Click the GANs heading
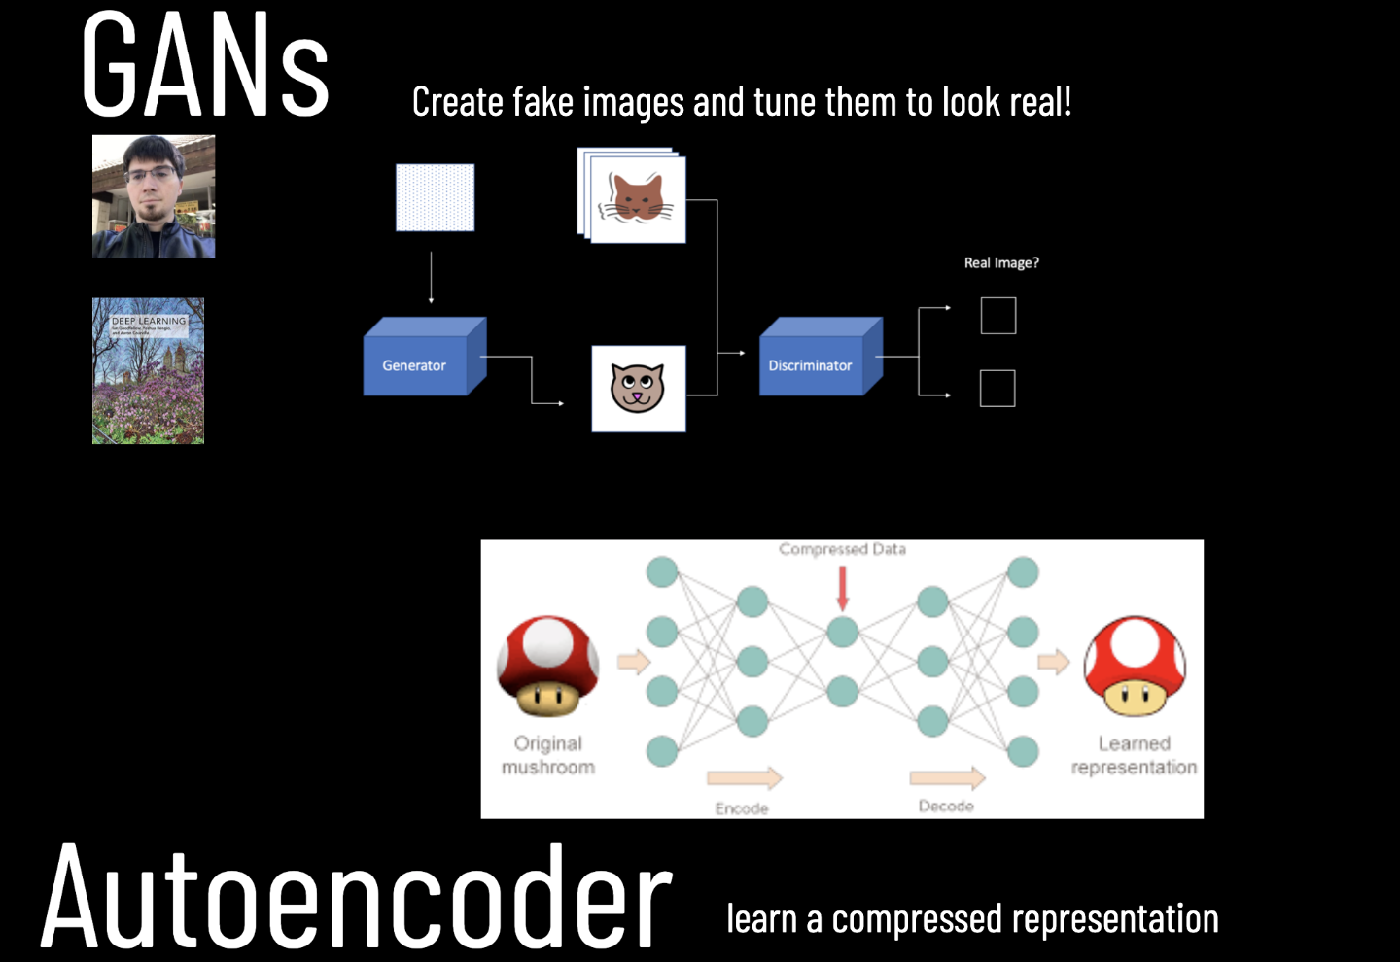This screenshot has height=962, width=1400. [x=205, y=66]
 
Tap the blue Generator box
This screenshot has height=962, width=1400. [x=418, y=361]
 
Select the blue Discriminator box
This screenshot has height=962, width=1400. [x=815, y=361]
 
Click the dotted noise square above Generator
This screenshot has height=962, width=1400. [x=435, y=197]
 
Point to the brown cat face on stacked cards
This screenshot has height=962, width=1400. [x=638, y=197]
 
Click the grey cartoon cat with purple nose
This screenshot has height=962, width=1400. [x=638, y=388]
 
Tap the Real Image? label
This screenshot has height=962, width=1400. [x=1001, y=263]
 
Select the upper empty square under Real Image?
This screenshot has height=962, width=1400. [x=998, y=316]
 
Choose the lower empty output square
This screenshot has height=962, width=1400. [x=997, y=389]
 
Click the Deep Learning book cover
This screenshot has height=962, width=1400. [x=148, y=370]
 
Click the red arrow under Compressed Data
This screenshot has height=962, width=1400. [x=842, y=588]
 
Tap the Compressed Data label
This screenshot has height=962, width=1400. [x=842, y=549]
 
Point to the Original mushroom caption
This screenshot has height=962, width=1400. [x=548, y=755]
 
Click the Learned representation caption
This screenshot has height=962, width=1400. [x=1134, y=755]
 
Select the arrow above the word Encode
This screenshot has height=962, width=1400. [x=744, y=777]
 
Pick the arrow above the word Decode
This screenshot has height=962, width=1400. [x=947, y=776]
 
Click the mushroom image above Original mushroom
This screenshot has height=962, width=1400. [x=547, y=666]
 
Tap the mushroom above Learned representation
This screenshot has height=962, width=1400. [x=1135, y=666]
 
